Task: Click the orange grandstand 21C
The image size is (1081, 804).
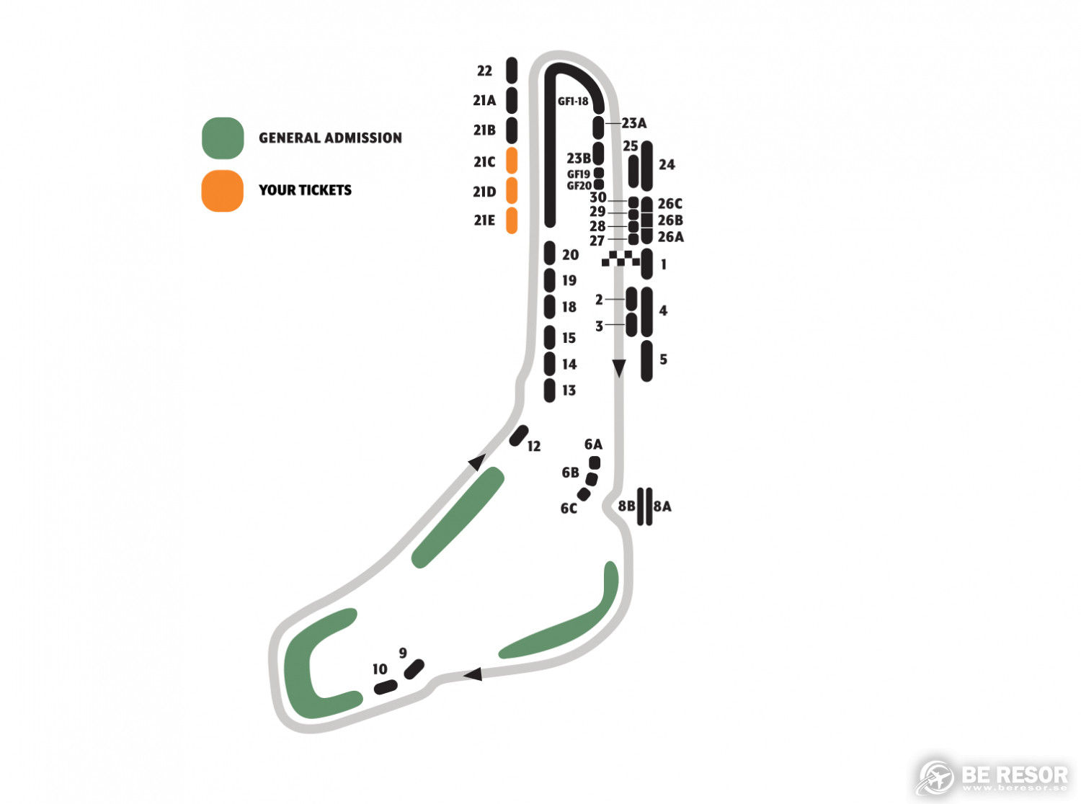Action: pyautogui.click(x=511, y=161)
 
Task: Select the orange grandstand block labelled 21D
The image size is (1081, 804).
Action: pyautogui.click(x=511, y=190)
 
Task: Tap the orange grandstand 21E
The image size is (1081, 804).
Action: pyautogui.click(x=511, y=220)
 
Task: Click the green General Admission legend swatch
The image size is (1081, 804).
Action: pyautogui.click(x=223, y=138)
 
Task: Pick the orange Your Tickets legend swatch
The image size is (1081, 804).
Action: pyautogui.click(x=222, y=190)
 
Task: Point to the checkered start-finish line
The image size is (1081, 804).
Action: pyautogui.click(x=620, y=259)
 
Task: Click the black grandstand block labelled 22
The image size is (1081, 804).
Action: pyautogui.click(x=511, y=70)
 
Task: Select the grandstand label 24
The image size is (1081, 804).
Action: pyautogui.click(x=667, y=165)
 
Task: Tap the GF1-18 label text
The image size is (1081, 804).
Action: pyautogui.click(x=573, y=102)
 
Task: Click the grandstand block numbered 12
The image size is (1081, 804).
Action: pyautogui.click(x=519, y=435)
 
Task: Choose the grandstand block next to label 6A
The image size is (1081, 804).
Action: pyautogui.click(x=595, y=462)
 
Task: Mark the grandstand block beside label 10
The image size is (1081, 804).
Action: pyautogui.click(x=386, y=687)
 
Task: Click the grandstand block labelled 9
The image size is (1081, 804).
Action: pyautogui.click(x=414, y=669)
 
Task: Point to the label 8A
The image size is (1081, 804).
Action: pyautogui.click(x=662, y=506)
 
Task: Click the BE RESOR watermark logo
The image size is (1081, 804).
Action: pyautogui.click(x=991, y=777)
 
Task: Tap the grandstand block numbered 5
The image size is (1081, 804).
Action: pyautogui.click(x=646, y=361)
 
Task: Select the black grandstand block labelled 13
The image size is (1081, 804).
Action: pyautogui.click(x=549, y=390)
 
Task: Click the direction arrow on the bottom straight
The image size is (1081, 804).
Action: pyautogui.click(x=473, y=674)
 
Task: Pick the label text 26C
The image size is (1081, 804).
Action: pyautogui.click(x=670, y=203)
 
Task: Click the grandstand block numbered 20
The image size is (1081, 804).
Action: pyautogui.click(x=549, y=253)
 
